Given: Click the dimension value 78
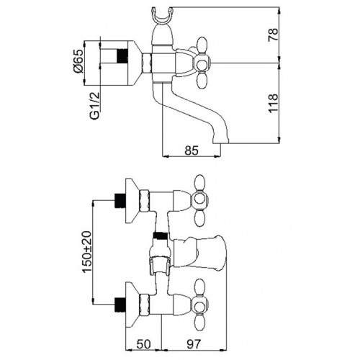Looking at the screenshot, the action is (x=273, y=35).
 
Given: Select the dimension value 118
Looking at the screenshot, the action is (x=273, y=103).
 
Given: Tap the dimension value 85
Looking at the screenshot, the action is (x=192, y=150).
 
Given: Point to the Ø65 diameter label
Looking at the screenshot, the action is (x=78, y=61).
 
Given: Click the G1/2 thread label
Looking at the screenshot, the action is (x=94, y=106).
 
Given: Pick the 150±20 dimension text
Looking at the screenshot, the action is (x=86, y=252).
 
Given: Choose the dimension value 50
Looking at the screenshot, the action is (x=143, y=344).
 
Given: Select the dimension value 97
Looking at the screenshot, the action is (x=193, y=344).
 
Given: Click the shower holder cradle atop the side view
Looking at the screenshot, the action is (x=162, y=16).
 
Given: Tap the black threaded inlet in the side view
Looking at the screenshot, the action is (x=122, y=57).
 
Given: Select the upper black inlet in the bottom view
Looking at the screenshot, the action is (x=120, y=201).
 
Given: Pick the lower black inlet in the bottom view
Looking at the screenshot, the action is (x=120, y=305).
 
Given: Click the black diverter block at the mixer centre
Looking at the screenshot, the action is (x=161, y=236).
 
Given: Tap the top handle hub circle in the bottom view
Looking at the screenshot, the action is (x=199, y=199).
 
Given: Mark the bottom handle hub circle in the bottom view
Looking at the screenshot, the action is (x=199, y=306).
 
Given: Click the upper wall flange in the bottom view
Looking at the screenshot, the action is (x=132, y=201).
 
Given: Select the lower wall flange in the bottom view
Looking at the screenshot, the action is (x=132, y=305).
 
